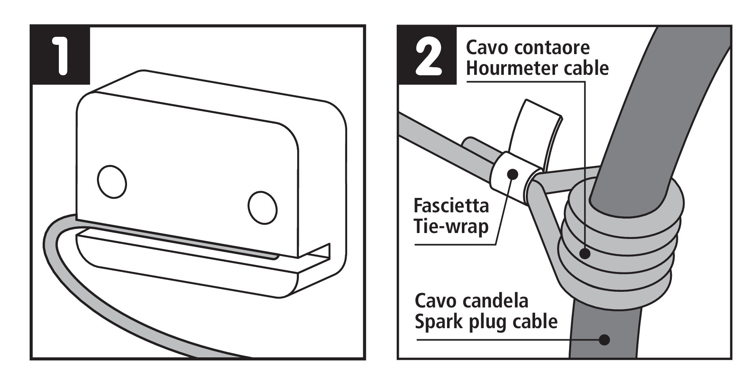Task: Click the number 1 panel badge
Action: [x=61, y=55]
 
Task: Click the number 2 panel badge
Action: [x=428, y=55]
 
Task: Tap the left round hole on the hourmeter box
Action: [x=112, y=181]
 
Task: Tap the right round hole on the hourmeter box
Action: [x=262, y=207]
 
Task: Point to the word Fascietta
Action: [x=451, y=206]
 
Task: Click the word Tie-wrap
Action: [x=451, y=227]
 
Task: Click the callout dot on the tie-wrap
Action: [x=513, y=173]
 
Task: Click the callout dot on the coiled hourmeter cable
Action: [x=585, y=253]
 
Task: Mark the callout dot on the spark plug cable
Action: [x=604, y=339]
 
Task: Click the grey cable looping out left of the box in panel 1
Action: [x=53, y=254]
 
